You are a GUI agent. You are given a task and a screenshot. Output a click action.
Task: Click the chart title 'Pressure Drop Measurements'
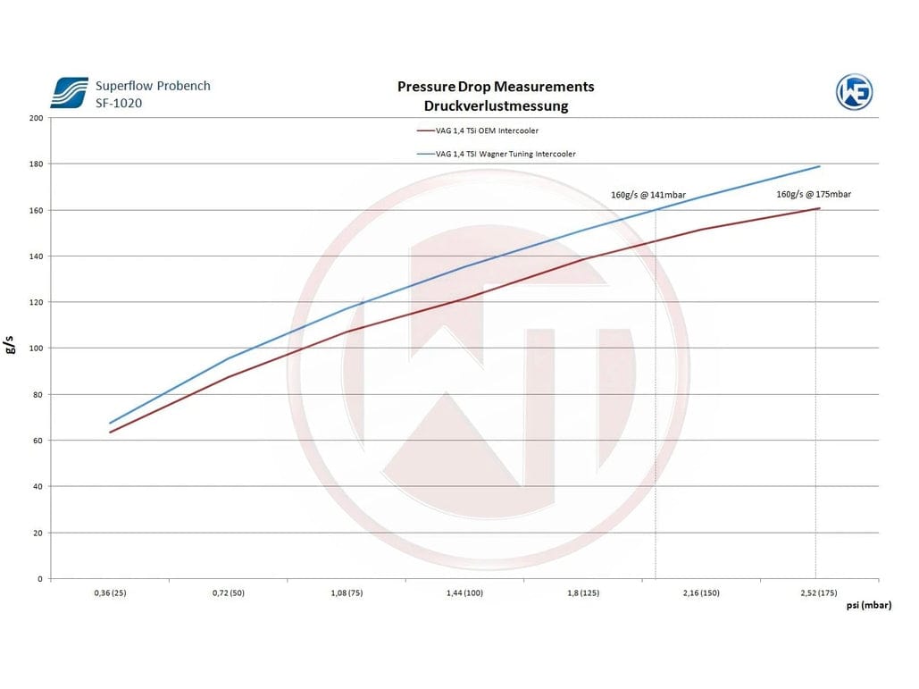(495, 87)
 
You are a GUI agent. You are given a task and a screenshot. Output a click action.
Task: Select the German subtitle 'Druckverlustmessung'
(496, 105)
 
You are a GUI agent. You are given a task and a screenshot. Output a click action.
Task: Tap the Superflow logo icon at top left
(69, 93)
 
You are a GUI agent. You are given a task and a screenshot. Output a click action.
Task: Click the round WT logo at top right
(854, 91)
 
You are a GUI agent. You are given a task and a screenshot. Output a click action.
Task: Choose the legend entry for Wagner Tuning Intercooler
(504, 154)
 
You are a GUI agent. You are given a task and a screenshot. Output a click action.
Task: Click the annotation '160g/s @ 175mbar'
(814, 194)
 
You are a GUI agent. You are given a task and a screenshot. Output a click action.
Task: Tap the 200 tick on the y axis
(35, 118)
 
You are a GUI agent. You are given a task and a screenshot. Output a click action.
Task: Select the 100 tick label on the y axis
(35, 349)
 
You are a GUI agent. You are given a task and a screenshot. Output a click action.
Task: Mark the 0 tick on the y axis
(39, 579)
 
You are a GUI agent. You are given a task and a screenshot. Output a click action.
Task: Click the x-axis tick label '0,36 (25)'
(109, 593)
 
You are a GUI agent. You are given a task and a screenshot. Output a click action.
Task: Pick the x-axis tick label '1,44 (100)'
(464, 593)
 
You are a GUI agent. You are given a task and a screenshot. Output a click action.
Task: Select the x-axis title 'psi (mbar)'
(868, 606)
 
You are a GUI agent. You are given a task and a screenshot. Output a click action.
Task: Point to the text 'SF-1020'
(118, 103)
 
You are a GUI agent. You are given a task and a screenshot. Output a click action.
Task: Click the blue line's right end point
(819, 167)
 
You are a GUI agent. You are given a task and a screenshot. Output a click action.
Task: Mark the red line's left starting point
(110, 433)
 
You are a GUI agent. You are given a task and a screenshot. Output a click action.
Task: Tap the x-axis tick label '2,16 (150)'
(701, 593)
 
